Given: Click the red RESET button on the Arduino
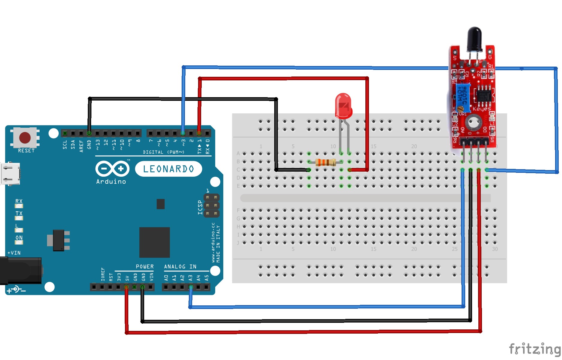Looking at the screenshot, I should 25,138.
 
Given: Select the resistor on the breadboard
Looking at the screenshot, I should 325,162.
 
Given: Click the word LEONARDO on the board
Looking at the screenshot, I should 168,169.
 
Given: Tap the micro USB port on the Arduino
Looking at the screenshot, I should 10,174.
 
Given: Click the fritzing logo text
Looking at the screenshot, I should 535,349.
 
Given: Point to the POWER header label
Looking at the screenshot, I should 144,267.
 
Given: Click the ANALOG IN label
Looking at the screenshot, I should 180,267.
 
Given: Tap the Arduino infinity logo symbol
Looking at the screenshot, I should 112,169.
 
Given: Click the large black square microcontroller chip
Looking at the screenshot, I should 154,242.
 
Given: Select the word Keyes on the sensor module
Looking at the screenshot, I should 482,109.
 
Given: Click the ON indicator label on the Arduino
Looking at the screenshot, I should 19,238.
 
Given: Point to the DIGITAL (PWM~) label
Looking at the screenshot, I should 163,152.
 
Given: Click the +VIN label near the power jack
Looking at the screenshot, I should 14,253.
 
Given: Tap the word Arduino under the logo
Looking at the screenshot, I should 111,181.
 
